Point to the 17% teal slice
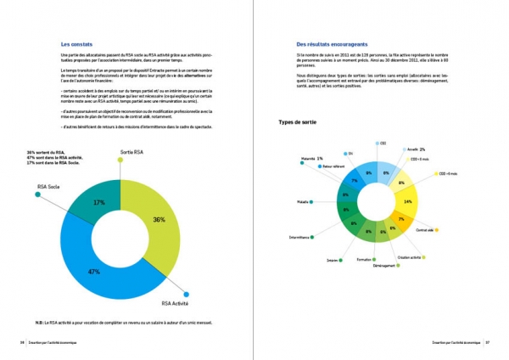pos(99,202)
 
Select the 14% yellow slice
pos(408,201)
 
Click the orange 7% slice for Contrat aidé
pos(401,219)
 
